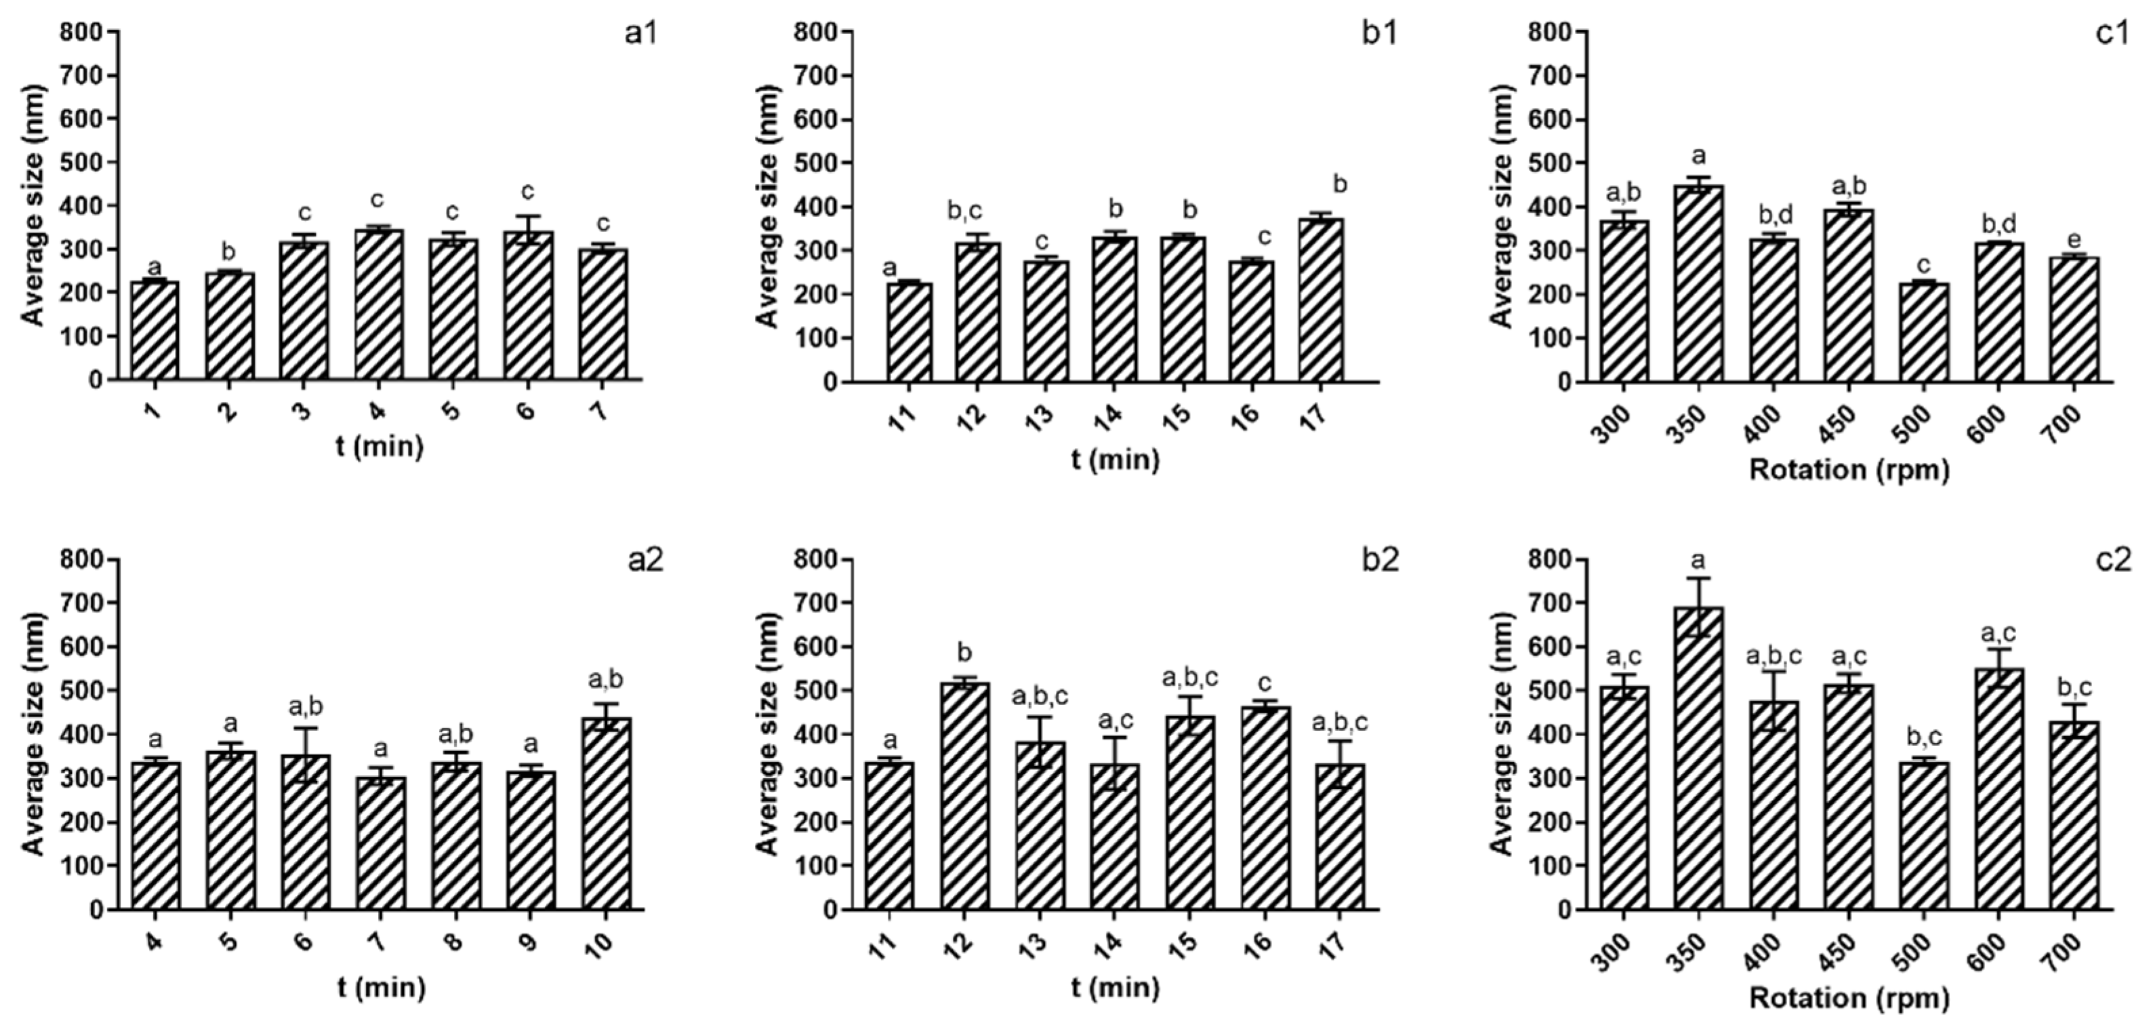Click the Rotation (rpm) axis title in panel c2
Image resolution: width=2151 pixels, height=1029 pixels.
coord(1849,998)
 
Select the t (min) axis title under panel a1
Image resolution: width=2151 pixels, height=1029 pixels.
coord(380,447)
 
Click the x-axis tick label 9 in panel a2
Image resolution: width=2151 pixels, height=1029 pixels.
coord(528,943)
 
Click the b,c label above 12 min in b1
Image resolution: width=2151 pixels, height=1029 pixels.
coord(964,211)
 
